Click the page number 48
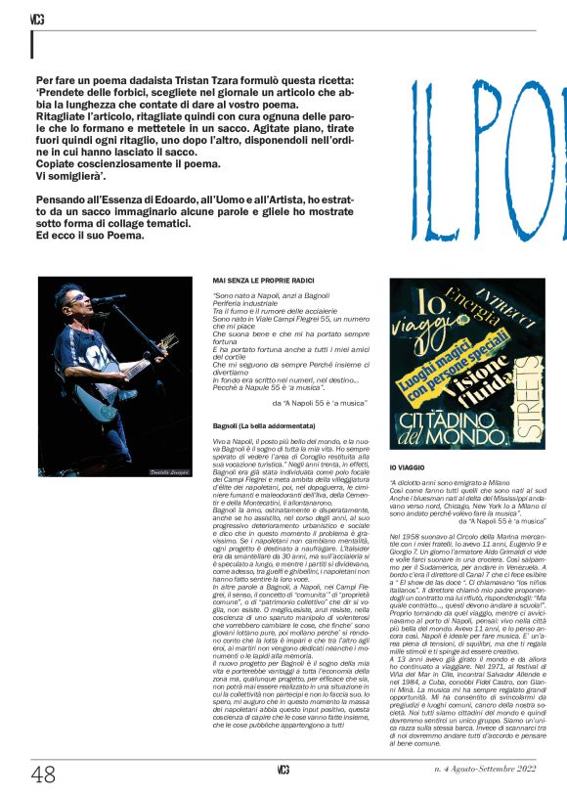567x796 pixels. pyautogui.click(x=43, y=775)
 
